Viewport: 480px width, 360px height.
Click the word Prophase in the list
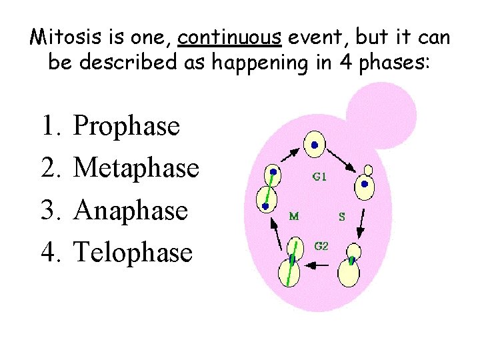127,125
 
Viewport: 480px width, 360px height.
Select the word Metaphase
136,167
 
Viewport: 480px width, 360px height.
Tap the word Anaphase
131,210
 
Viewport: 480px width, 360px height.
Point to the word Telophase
133,252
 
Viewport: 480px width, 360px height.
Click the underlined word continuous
229,37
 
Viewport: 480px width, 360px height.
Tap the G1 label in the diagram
320,177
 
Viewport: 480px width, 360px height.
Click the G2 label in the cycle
321,245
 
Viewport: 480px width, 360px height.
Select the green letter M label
293,215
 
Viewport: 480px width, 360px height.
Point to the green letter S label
342,216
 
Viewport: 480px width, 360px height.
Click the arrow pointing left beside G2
319,265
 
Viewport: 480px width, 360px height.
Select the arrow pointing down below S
360,223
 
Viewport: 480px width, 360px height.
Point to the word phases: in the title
394,63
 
